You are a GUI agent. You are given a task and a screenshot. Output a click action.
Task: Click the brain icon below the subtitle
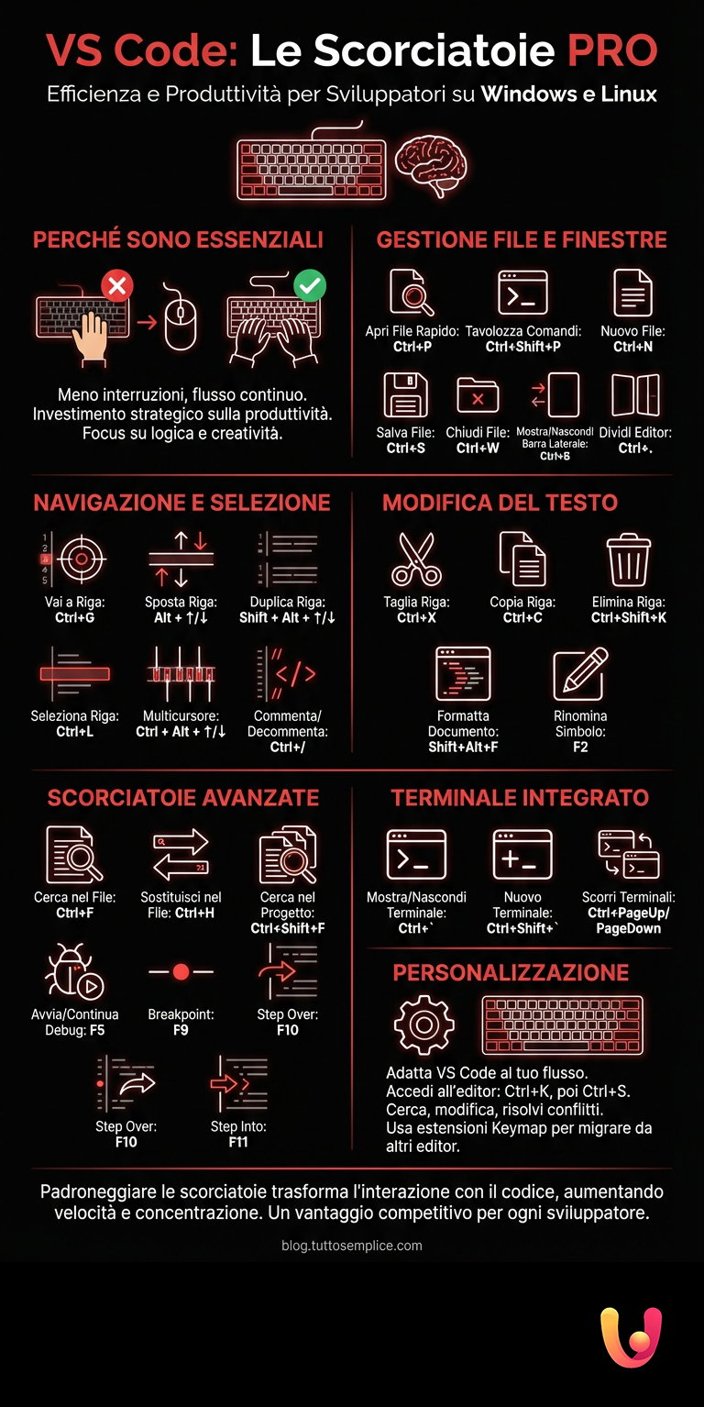(x=432, y=165)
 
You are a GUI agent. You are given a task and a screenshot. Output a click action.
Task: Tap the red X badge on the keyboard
(x=116, y=285)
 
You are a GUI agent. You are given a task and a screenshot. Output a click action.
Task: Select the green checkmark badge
(x=310, y=285)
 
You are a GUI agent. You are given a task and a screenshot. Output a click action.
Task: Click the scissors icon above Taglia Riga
(x=416, y=559)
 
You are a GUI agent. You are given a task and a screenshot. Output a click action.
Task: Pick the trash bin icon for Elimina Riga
(x=629, y=559)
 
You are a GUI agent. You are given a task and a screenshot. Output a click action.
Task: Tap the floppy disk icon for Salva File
(x=405, y=395)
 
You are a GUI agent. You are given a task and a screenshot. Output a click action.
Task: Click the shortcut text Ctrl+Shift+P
(x=522, y=347)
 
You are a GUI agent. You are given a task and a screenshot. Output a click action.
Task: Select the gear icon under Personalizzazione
(x=423, y=1024)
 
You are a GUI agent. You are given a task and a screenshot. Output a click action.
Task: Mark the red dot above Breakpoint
(x=181, y=971)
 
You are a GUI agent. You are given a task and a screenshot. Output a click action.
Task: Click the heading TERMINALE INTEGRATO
(x=520, y=798)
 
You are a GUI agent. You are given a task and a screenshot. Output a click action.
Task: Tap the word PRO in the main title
(x=612, y=51)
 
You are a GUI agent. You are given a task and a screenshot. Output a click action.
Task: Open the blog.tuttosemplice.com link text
(x=352, y=1245)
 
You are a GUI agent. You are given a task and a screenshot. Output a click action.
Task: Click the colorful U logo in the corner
(x=631, y=1336)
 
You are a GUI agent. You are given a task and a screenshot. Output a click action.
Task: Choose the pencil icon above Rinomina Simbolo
(x=581, y=673)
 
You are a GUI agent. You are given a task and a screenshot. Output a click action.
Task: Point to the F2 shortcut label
(x=580, y=747)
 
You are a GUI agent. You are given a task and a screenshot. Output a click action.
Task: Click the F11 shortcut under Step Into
(x=238, y=1142)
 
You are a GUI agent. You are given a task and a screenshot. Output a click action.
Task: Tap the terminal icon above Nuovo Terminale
(x=522, y=855)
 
